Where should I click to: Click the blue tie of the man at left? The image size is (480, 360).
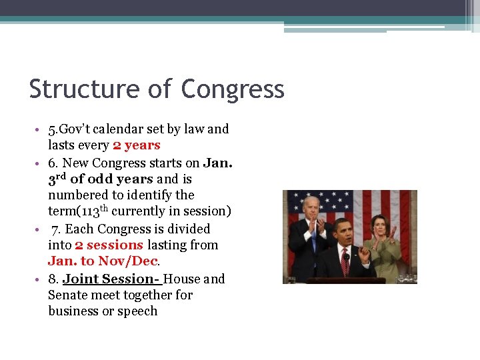313,238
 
